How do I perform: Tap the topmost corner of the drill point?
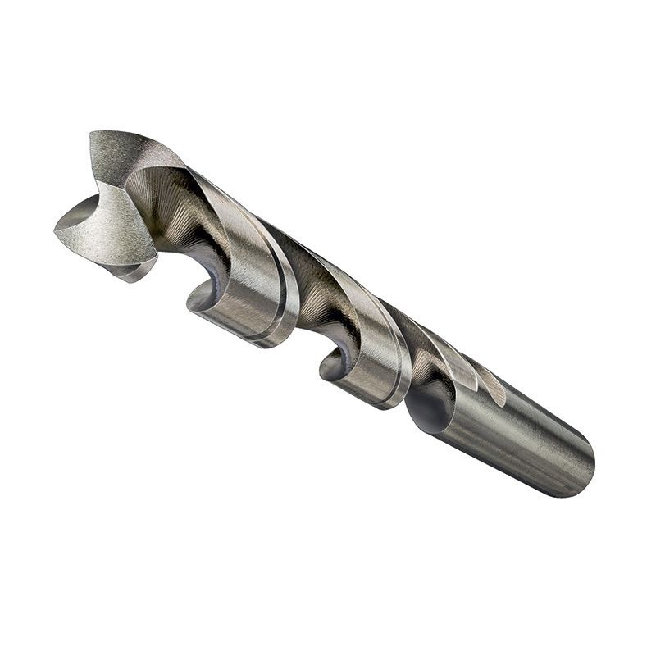click(93, 134)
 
